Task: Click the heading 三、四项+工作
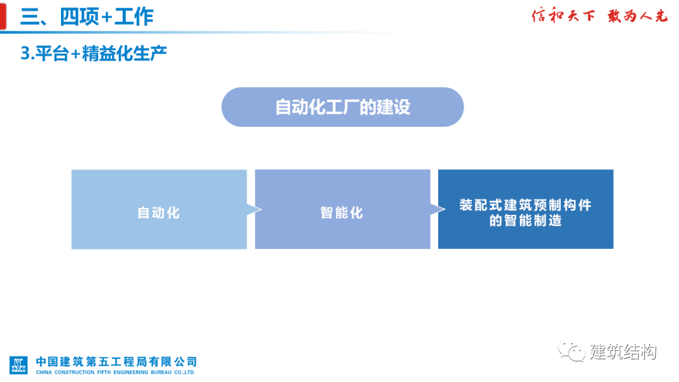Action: (x=87, y=17)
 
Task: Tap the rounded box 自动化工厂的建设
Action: (x=342, y=107)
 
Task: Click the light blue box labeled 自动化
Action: (x=158, y=210)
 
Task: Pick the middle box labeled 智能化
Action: (x=342, y=210)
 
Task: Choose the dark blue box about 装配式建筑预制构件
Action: (x=526, y=209)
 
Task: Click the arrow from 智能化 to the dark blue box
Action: (x=434, y=210)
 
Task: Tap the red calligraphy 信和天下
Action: (x=563, y=16)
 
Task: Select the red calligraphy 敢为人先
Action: (x=637, y=16)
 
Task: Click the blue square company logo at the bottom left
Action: (x=19, y=365)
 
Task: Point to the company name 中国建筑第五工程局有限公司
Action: (x=116, y=361)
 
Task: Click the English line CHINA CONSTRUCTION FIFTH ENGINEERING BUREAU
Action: (x=116, y=373)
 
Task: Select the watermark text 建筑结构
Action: (x=623, y=352)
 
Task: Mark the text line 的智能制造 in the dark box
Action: (x=526, y=221)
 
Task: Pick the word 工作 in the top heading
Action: (x=134, y=17)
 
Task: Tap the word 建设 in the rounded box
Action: (x=394, y=107)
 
